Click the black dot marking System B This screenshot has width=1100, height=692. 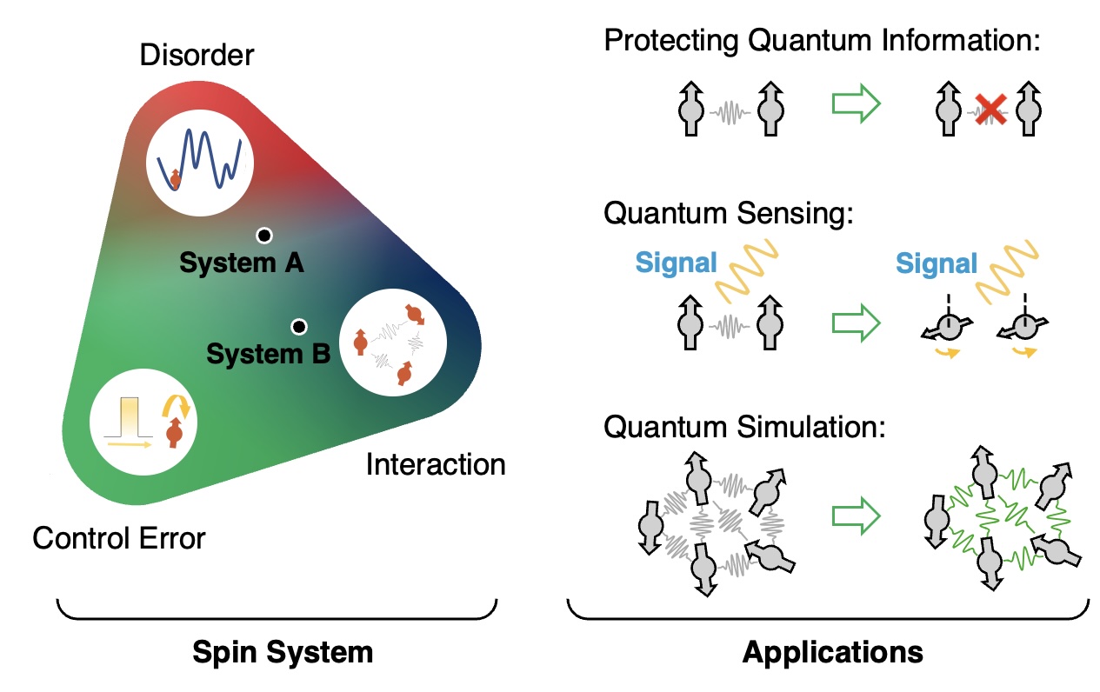tap(299, 326)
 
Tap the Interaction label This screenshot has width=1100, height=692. tap(436, 465)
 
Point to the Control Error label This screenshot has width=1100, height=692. tap(119, 538)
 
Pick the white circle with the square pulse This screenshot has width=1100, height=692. tap(144, 424)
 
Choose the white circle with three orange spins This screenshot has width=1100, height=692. tap(392, 346)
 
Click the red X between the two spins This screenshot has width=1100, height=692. tap(990, 111)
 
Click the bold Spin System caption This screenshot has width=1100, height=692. tap(283, 652)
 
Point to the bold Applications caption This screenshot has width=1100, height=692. tap(832, 652)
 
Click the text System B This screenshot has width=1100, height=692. tap(268, 354)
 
